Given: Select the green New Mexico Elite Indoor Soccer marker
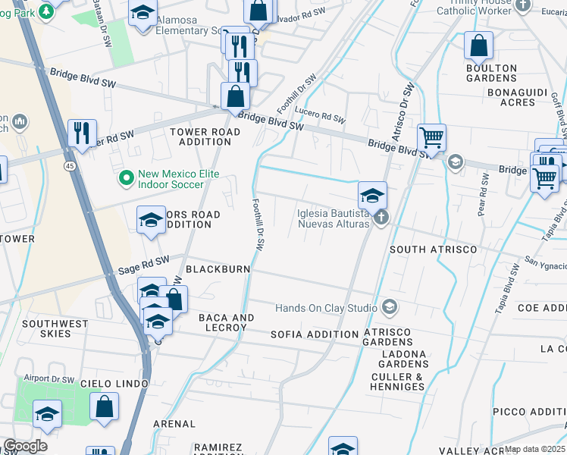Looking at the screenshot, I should [127, 180].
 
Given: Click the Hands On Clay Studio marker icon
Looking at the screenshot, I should [390, 308].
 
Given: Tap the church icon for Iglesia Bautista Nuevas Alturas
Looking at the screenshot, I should [381, 218].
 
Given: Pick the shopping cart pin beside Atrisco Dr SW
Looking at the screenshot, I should [431, 138].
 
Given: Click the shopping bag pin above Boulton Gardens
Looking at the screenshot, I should [479, 46].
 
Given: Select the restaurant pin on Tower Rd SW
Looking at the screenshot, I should [82, 133].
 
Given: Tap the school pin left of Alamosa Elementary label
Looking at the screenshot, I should [142, 14].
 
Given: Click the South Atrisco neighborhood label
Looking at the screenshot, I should [433, 249].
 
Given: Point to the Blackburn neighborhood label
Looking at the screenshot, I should [218, 269].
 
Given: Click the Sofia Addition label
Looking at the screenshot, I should [315, 334].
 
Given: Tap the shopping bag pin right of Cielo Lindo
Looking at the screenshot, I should [104, 406].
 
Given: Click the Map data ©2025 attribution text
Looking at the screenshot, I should [535, 449].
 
